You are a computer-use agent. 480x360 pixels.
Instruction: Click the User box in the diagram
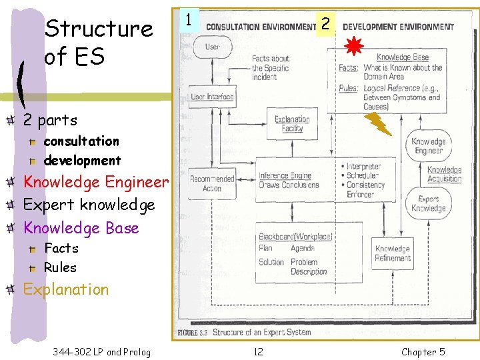tap(212, 47)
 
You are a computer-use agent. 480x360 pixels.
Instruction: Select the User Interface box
tap(212, 97)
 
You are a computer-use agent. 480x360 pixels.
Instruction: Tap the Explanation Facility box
tap(292, 124)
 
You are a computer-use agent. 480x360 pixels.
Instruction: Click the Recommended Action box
tap(212, 183)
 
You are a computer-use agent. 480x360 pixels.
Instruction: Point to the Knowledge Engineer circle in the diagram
tap(427, 146)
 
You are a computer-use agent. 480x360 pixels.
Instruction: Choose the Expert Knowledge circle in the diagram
tap(428, 204)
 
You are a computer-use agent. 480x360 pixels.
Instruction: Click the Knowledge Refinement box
tap(393, 253)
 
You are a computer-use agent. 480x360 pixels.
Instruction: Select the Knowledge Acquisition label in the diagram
tap(444, 175)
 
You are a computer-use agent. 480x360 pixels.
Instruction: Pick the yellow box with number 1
tap(190, 21)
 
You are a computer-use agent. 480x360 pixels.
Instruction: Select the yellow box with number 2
tap(325, 24)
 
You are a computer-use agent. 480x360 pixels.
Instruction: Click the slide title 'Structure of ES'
tap(98, 42)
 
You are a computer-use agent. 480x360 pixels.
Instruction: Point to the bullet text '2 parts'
tap(50, 121)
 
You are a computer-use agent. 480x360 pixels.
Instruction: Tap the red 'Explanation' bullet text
tap(65, 289)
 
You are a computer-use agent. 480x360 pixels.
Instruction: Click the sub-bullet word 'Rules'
tap(60, 267)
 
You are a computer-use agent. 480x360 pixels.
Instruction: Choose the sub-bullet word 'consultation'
tap(81, 141)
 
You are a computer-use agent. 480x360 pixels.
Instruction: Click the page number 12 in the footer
tap(258, 351)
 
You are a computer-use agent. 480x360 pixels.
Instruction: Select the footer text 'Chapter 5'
tap(423, 351)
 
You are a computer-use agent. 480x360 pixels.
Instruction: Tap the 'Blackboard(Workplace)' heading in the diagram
tap(295, 237)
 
